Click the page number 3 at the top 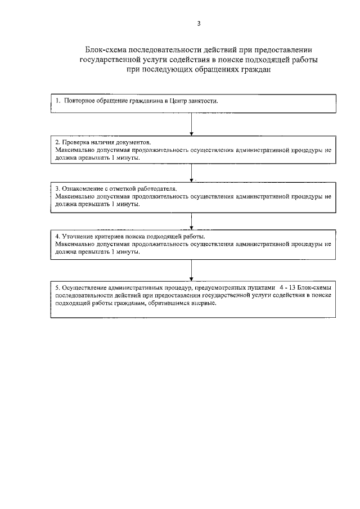[x=199, y=23]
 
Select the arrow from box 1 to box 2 [x=192, y=124]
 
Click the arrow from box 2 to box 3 [x=192, y=172]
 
